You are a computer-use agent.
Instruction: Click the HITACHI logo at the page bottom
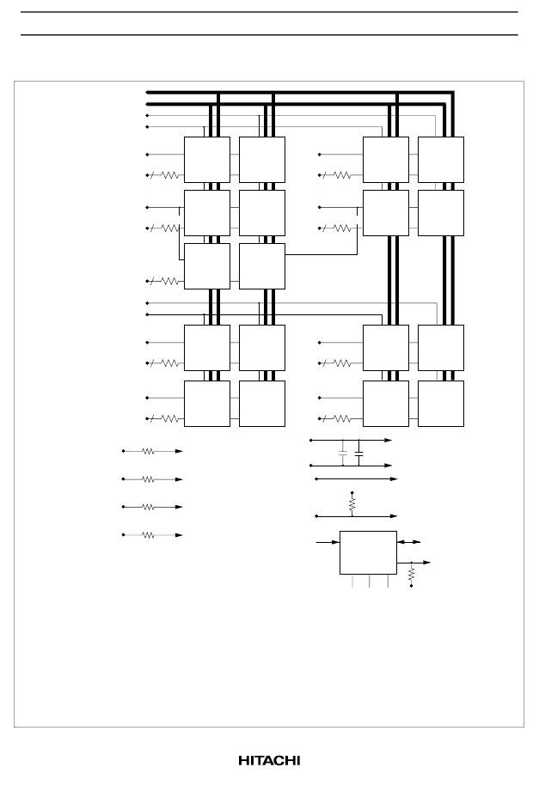(x=269, y=760)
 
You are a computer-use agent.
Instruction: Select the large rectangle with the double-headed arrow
(x=368, y=553)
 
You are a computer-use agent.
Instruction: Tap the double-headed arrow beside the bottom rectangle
(x=408, y=542)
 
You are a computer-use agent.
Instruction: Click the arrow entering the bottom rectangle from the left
(x=328, y=542)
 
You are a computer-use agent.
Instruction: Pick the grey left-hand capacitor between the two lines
(x=343, y=453)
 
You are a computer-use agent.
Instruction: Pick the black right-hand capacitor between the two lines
(x=358, y=453)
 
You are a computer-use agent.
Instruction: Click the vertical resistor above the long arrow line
(x=352, y=504)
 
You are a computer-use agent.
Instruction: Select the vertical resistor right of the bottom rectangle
(x=411, y=575)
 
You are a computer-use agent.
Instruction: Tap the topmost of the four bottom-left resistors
(x=148, y=451)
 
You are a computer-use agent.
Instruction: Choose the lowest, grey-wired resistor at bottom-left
(x=148, y=535)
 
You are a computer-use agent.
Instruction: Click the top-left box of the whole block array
(x=207, y=160)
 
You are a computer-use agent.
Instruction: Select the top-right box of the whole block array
(x=441, y=160)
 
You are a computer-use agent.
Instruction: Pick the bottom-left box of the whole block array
(x=207, y=404)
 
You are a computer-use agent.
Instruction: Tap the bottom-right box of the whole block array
(x=441, y=404)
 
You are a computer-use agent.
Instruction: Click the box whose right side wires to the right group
(x=262, y=266)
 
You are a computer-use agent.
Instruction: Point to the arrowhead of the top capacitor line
(x=388, y=440)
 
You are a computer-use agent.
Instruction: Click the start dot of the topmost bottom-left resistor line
(x=123, y=451)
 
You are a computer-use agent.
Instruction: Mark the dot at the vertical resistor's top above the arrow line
(x=352, y=493)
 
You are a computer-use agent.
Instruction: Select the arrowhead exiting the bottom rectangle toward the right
(x=426, y=563)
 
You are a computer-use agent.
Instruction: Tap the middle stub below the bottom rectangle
(x=370, y=581)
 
